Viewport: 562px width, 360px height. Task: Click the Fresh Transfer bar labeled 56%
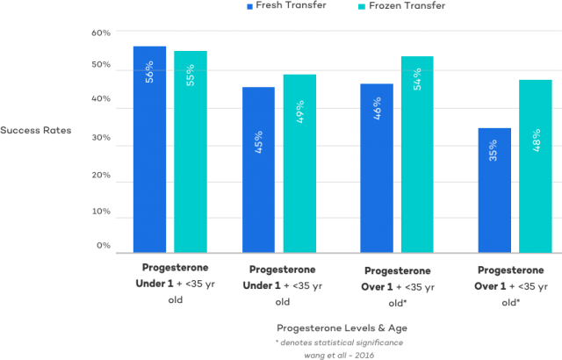click(x=149, y=149)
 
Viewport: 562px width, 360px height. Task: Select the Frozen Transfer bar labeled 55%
click(x=191, y=152)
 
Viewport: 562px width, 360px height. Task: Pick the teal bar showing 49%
click(x=299, y=163)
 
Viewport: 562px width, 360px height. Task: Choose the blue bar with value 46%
click(x=377, y=168)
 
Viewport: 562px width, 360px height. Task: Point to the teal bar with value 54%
click(x=417, y=155)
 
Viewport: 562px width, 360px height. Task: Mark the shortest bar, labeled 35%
click(x=494, y=190)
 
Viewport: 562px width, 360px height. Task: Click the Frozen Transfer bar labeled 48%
click(x=536, y=166)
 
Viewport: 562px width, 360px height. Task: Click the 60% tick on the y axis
click(x=102, y=32)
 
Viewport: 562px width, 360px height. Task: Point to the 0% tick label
click(x=104, y=247)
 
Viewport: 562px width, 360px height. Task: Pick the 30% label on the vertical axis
click(x=102, y=139)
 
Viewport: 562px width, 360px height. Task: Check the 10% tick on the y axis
click(x=102, y=212)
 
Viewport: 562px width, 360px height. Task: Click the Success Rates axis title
click(x=36, y=132)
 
